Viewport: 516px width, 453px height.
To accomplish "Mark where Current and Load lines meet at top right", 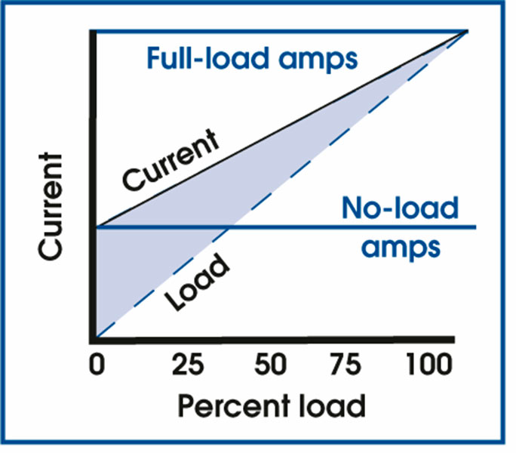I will [x=467, y=31].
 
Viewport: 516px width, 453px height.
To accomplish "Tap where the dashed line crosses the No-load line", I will [x=232, y=226].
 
